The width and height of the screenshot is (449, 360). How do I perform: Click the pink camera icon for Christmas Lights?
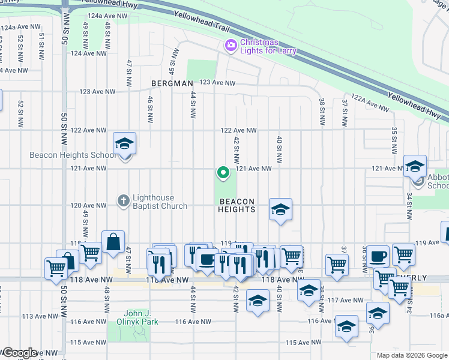point(230,46)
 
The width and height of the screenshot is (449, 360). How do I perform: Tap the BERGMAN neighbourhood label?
point(172,83)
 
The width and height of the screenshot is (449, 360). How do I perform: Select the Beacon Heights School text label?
point(73,155)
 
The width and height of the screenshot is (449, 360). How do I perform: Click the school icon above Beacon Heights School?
point(124,144)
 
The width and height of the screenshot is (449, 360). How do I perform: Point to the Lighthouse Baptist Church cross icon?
point(124,200)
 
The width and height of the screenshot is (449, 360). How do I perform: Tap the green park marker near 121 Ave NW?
point(223,173)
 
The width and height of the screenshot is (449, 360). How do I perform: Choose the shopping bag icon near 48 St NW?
point(113,242)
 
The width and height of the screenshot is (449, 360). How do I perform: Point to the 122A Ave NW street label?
point(370,103)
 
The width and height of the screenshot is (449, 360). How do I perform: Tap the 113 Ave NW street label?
point(34,316)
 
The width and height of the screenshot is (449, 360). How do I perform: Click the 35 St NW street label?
point(394,137)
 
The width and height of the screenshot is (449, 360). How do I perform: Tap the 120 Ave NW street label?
point(85,205)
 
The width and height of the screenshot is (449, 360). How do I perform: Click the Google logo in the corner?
point(19,353)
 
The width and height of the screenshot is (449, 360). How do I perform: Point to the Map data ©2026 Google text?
point(411,355)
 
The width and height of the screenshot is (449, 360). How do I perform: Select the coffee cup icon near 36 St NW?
point(378,256)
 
